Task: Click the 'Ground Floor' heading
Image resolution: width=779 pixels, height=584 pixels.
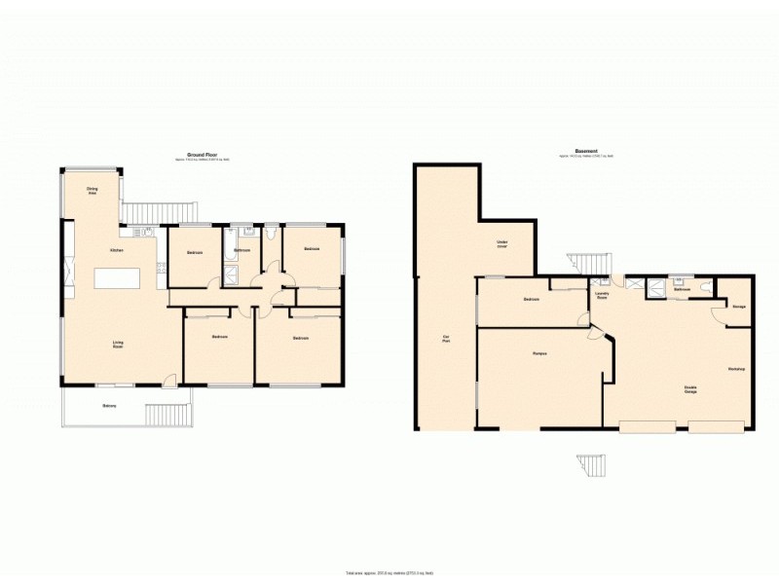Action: click(202, 154)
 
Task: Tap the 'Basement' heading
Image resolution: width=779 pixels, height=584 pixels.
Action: click(586, 151)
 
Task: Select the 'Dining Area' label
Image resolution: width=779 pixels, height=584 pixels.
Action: click(93, 191)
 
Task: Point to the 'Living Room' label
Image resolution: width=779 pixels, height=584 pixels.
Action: click(118, 343)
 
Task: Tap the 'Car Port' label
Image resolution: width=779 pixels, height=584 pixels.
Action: click(447, 341)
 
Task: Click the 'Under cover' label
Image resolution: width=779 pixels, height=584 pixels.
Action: click(503, 243)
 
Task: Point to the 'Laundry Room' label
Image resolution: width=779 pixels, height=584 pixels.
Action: click(602, 295)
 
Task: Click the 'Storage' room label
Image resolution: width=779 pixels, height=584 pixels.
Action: click(739, 308)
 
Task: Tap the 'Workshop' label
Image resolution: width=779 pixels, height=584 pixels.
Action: click(736, 369)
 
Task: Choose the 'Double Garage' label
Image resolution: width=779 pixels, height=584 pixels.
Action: click(689, 389)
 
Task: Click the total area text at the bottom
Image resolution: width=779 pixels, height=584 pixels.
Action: click(389, 573)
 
